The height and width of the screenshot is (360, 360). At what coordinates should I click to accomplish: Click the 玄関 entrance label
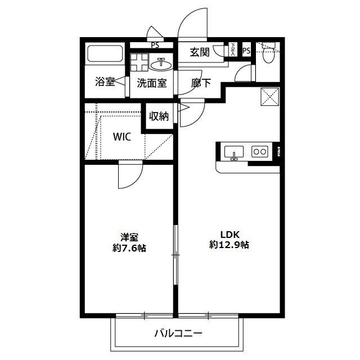200,52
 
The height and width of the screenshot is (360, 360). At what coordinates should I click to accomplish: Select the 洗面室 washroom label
152,83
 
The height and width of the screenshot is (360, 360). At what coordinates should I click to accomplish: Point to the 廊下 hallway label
201,83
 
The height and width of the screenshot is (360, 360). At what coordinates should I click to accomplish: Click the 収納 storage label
159,116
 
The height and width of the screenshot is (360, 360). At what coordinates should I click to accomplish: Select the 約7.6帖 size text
129,248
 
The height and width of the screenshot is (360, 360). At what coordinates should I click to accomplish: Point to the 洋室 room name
129,237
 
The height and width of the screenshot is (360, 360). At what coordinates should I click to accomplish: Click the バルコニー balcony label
178,334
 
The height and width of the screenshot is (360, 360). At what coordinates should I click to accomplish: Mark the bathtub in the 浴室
105,55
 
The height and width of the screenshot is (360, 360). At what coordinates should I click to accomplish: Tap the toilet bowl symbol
268,55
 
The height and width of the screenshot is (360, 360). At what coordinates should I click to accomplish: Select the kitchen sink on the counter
233,151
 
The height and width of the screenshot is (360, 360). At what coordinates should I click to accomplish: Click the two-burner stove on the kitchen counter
259,151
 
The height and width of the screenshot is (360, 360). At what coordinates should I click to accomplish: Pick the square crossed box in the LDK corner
268,97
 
